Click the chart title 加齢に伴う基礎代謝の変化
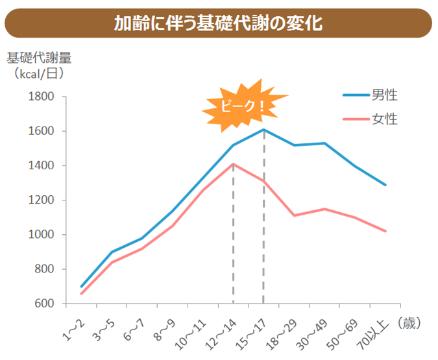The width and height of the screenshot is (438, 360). pyautogui.click(x=218, y=23)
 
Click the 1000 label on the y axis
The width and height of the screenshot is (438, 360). pyautogui.click(x=41, y=235)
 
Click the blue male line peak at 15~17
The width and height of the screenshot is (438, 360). pyautogui.click(x=264, y=130)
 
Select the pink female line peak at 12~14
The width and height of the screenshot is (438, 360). pyautogui.click(x=233, y=164)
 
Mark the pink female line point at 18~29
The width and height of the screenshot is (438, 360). pyautogui.click(x=295, y=215)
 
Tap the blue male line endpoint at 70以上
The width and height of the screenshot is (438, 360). pyautogui.click(x=386, y=185)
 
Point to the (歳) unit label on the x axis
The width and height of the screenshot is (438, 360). pyautogui.click(x=409, y=322)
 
